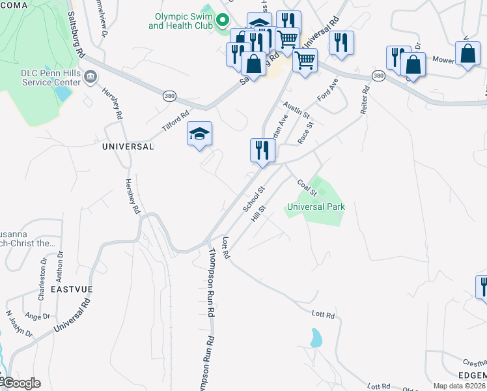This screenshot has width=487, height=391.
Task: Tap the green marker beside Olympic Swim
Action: (222, 21)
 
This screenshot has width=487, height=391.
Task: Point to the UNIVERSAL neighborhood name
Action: (128, 147)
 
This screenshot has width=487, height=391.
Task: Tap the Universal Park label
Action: (316, 207)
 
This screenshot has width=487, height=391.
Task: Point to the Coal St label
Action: (307, 188)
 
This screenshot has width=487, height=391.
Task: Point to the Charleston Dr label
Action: (44, 270)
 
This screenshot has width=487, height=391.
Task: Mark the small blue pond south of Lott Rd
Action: (316, 338)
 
